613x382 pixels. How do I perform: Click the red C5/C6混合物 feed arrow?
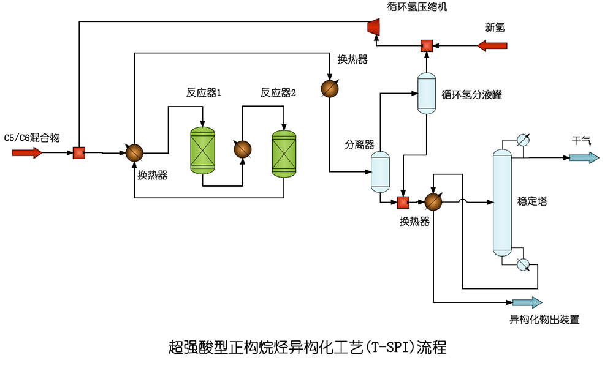click(x=28, y=152)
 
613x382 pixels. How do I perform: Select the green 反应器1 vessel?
click(x=203, y=150)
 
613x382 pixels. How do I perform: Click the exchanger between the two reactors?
click(x=243, y=149)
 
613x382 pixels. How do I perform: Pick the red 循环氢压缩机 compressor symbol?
click(x=371, y=26)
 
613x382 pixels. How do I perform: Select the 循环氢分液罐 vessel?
click(x=426, y=93)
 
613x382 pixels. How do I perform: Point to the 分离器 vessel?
click(x=380, y=172)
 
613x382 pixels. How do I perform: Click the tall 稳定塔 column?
click(x=502, y=203)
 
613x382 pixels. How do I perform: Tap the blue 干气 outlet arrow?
click(x=584, y=157)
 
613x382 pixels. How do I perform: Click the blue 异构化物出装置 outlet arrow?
click(x=527, y=302)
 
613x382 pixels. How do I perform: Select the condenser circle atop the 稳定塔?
click(x=523, y=140)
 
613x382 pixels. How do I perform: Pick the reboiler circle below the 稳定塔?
click(x=523, y=264)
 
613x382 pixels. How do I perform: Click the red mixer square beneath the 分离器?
click(x=403, y=201)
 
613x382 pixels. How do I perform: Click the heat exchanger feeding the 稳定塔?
click(x=433, y=201)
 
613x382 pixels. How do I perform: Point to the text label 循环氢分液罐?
click(x=471, y=94)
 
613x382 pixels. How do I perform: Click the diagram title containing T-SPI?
click(x=306, y=348)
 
